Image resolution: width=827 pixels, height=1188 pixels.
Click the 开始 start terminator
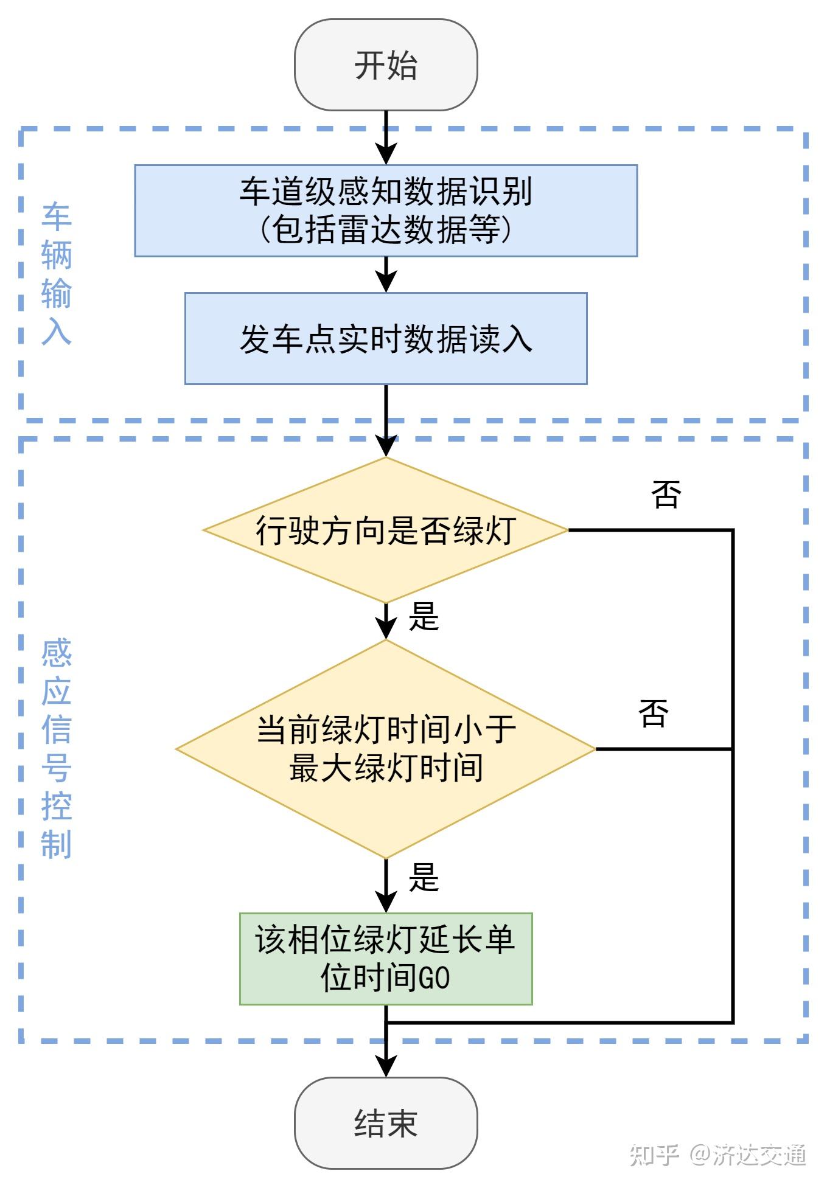386,65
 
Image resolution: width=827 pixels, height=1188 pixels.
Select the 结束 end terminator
386,1123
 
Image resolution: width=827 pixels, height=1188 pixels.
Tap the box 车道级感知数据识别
386,210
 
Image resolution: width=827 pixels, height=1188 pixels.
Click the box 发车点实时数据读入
386,339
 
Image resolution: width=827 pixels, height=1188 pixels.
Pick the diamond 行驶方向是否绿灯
386,530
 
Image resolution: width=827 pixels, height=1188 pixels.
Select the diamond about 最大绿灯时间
386,749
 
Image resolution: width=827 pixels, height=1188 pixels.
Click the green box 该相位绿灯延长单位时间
386,959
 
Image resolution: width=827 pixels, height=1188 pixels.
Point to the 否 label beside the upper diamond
666,493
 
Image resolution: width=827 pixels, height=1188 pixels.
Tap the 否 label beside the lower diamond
654,712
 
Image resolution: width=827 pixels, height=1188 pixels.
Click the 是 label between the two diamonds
424,617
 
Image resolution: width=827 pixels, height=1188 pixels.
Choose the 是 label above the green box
424,877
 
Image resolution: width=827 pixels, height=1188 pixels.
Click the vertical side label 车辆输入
56,274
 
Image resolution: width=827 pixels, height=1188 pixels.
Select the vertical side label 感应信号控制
56,748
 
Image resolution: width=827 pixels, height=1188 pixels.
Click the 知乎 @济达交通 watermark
718,1155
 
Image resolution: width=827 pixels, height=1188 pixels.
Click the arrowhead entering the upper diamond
386,446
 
